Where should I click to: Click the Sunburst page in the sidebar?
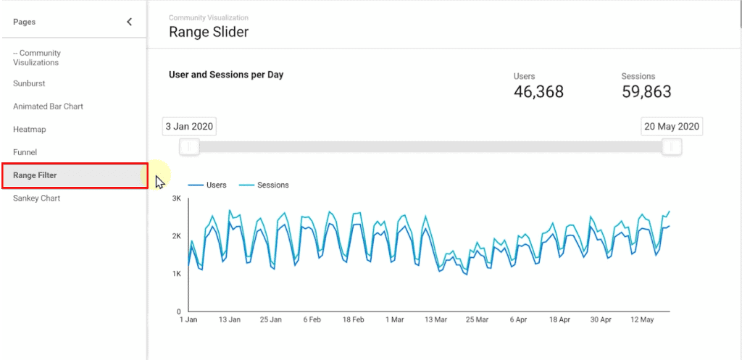(29, 83)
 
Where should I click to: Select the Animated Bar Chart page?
(48, 106)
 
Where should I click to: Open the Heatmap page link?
(29, 130)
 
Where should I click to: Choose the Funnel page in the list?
(25, 153)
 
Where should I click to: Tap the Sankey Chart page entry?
(36, 198)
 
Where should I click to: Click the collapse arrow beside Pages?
(130, 22)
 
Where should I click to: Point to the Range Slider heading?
(209, 32)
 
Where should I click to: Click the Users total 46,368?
(538, 91)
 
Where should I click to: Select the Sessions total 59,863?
(646, 91)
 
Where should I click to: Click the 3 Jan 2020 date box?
(189, 127)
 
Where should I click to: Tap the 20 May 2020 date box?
(672, 127)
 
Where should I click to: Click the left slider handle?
(189, 147)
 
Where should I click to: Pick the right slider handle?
(672, 147)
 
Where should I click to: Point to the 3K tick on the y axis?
(176, 198)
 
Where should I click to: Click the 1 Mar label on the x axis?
(396, 319)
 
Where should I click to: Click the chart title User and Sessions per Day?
(226, 75)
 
